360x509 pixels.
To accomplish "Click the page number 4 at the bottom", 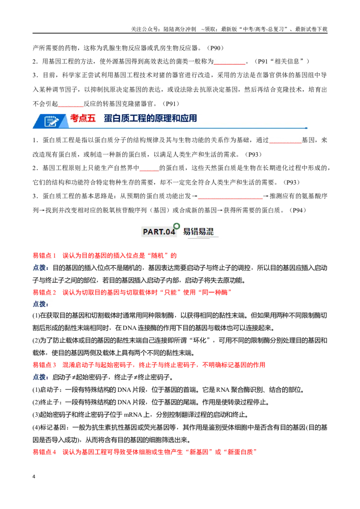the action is pos(34,477).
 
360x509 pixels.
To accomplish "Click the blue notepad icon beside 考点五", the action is pos(51,121).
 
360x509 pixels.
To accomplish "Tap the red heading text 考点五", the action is pos(83,118).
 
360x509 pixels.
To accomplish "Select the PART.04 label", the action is pos(159,232).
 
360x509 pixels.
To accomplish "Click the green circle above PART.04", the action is pos(176,226).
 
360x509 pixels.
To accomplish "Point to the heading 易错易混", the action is pos(198,232).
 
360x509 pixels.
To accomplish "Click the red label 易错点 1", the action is pos(44,255).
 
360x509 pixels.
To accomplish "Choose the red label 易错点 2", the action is pos(44,292).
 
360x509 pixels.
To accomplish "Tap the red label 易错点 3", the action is pos(44,365).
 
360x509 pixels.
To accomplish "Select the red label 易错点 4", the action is pos(44,452).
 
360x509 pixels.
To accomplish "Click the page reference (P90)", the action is pos(215,48).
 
